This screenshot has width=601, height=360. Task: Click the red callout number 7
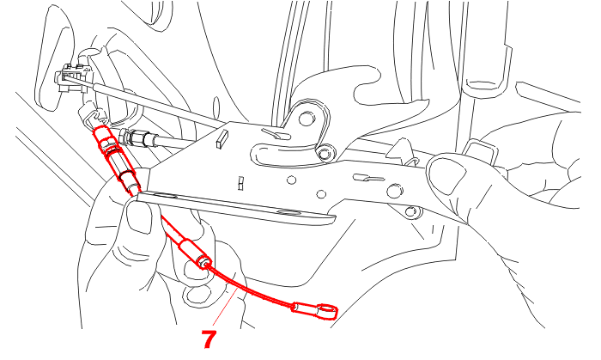(x=209, y=339)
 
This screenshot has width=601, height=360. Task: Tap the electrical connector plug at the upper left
(x=72, y=78)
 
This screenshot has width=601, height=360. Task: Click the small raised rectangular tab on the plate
(x=222, y=139)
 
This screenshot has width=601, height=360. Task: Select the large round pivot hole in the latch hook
(x=307, y=119)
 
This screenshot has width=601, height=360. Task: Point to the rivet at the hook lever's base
(x=325, y=154)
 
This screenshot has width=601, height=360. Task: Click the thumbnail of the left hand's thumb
(x=139, y=217)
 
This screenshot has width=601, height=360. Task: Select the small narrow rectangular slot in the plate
(x=240, y=184)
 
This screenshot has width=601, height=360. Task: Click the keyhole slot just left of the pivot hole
(x=276, y=134)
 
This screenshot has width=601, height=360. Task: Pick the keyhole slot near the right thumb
(x=368, y=178)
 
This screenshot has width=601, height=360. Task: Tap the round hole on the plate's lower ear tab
(x=411, y=211)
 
